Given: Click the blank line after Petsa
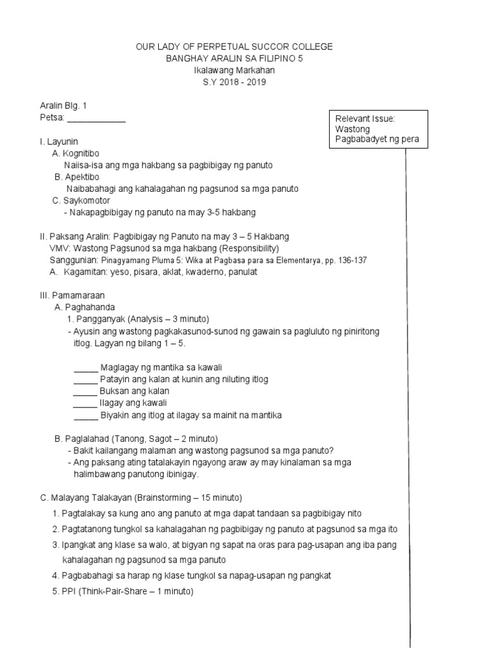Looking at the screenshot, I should coord(96,118).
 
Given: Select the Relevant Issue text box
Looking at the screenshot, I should coord(378,129).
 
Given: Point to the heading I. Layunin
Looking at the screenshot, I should coord(59,141).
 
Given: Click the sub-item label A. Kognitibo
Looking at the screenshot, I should coord(76,153).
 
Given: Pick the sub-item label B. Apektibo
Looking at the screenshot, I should coord(77,177).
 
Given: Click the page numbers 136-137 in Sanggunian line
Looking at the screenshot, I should coord(351,260).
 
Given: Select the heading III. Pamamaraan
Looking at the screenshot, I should coord(72,296).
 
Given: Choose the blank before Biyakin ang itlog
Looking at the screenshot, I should coord(86,416).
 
